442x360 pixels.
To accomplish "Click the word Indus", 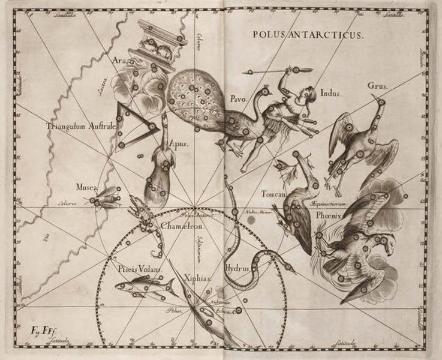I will pos(330,93).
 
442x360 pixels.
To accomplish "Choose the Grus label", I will pos(378,86).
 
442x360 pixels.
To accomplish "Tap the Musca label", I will pos(86,187).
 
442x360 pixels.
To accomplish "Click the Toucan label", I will pos(275,194).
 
